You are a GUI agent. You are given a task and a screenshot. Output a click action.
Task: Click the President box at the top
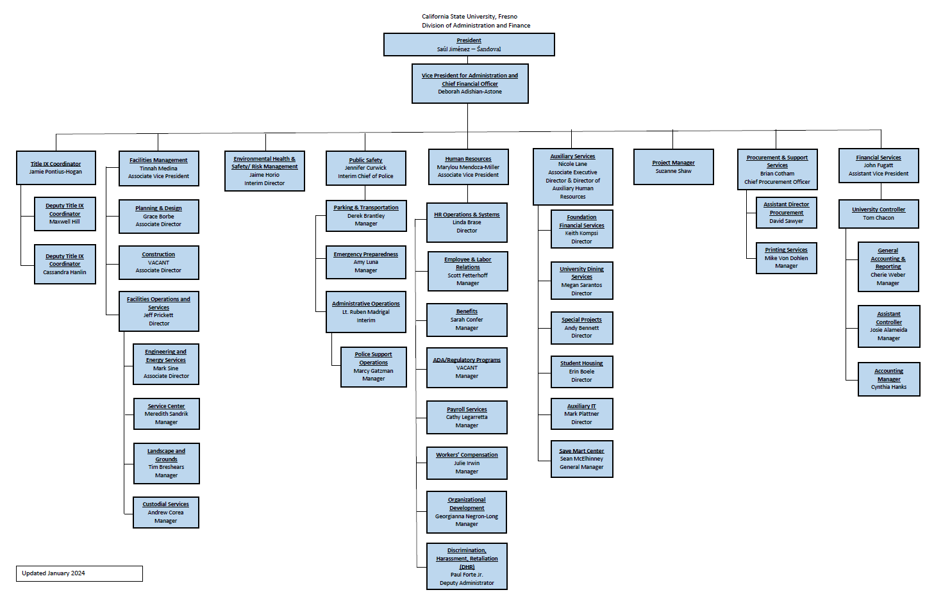pyautogui.click(x=469, y=45)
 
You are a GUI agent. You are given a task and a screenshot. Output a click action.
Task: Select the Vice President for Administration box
pyautogui.click(x=470, y=83)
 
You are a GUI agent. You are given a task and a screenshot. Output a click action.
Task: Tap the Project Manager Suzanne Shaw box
pyautogui.click(x=673, y=167)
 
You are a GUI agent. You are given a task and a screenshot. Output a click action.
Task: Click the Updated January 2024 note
pyautogui.click(x=79, y=573)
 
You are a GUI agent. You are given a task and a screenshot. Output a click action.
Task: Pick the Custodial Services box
pyautogui.click(x=165, y=513)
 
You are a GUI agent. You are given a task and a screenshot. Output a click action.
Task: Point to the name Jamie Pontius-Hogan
pyautogui.click(x=56, y=172)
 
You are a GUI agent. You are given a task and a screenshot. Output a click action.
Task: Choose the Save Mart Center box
pyautogui.click(x=581, y=459)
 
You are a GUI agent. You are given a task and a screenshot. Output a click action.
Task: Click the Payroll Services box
pyautogui.click(x=467, y=417)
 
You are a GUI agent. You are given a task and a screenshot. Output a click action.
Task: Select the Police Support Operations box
pyautogui.click(x=373, y=367)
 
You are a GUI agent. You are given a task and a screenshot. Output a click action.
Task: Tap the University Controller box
pyautogui.click(x=878, y=214)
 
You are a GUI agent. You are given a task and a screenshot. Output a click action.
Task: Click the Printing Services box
pyautogui.click(x=786, y=258)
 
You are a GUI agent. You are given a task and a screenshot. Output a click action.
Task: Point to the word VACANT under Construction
pyautogui.click(x=158, y=263)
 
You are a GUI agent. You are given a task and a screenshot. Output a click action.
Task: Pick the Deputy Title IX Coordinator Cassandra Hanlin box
pyautogui.click(x=65, y=264)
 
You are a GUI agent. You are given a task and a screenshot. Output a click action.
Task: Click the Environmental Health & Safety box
pyautogui.click(x=264, y=171)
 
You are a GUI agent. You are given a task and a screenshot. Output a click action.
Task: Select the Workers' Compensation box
pyautogui.click(x=467, y=463)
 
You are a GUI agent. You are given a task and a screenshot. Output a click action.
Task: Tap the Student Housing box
pyautogui.click(x=581, y=372)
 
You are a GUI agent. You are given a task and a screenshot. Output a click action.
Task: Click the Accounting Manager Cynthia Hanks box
pyautogui.click(x=888, y=379)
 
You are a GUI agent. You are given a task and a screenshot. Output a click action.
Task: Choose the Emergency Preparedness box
pyautogui.click(x=365, y=262)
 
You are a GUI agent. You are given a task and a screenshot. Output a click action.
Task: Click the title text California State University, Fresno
pyautogui.click(x=469, y=17)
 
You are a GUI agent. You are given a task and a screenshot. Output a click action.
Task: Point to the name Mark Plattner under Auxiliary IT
pyautogui.click(x=581, y=414)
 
